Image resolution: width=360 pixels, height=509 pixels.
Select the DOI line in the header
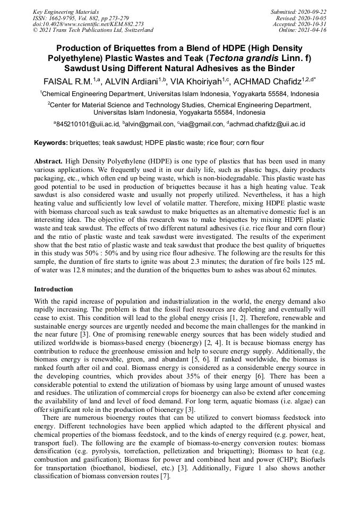88,24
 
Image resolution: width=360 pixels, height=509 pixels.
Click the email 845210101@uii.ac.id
88,124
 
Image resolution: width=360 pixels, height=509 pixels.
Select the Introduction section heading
54,289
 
